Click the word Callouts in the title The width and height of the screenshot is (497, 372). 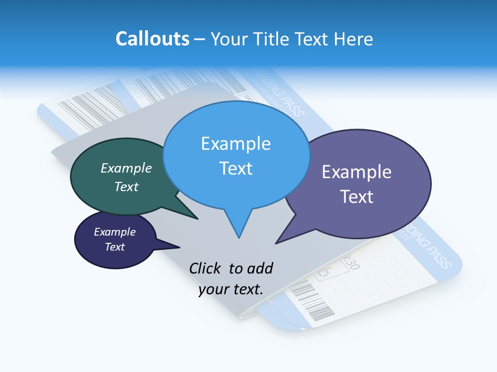point(152,39)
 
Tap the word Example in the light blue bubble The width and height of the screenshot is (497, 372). point(236,143)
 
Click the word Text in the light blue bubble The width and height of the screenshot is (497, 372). point(236,168)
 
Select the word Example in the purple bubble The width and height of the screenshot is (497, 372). point(357,172)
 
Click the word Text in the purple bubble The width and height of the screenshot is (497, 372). point(357,197)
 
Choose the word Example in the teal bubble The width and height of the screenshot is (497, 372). point(126,168)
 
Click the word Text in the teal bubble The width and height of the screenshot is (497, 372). point(126,187)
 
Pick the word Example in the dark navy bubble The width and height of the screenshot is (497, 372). point(114,232)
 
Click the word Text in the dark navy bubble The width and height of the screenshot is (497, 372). point(114,247)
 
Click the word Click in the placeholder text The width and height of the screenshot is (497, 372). point(206,268)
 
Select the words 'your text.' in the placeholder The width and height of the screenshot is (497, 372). point(231,289)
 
